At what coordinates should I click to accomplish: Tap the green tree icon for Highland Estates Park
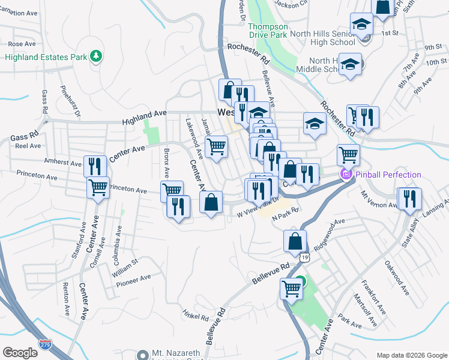coord(95,56)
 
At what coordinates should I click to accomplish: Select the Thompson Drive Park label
coord(268,31)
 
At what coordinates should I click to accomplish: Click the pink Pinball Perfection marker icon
coord(346,175)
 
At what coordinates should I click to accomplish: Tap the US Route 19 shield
coord(307,257)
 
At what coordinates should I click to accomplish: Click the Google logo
coord(21,353)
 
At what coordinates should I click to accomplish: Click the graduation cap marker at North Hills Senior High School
coord(362,25)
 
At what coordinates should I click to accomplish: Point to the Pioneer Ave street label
coord(134,280)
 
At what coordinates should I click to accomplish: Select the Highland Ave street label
coord(144,113)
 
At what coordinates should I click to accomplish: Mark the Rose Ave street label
coord(23,44)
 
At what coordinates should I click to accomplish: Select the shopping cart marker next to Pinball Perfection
coord(348,155)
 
